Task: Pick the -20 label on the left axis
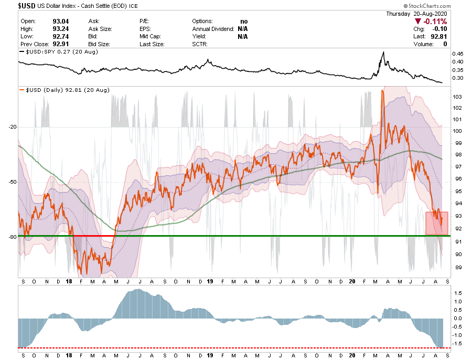12,127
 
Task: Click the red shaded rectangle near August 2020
436,223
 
